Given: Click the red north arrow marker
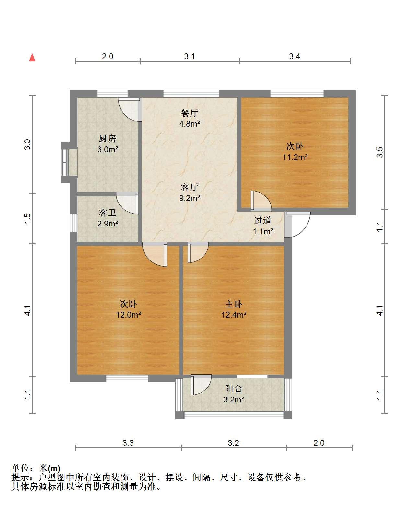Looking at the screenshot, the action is (32, 58).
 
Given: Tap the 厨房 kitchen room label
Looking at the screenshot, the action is (107, 139).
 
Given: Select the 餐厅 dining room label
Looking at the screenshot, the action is (190, 113).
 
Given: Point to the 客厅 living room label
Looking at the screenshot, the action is (190, 187).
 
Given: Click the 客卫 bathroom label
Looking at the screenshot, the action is (107, 213).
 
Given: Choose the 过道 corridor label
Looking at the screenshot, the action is (263, 221).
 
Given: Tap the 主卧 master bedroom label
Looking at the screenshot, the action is (233, 304).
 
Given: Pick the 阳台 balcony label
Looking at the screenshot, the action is (233, 388).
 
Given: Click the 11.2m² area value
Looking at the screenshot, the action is (295, 157).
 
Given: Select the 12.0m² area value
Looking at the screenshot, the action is (128, 315).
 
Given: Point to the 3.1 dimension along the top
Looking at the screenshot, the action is (190, 56).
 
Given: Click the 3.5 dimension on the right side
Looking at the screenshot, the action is (380, 152).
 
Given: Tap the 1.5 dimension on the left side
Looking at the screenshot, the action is (28, 218).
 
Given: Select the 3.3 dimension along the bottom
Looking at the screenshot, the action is (128, 443).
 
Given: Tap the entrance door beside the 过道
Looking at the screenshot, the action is (297, 225).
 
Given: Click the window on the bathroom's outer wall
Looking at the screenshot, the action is (73, 223).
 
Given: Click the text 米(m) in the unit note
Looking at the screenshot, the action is (50, 469).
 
